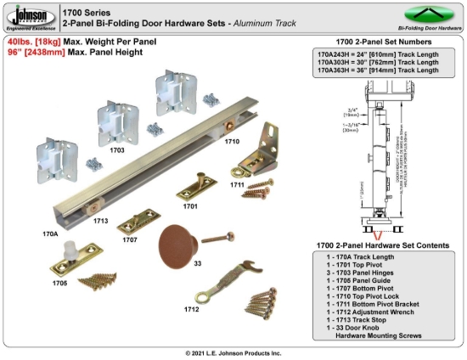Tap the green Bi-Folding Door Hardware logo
pos(430,16)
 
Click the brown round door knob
pos(175,240)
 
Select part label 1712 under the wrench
pos(192,309)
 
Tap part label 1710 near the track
pos(232,143)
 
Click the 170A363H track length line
pos(378,70)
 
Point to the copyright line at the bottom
pos(233,352)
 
